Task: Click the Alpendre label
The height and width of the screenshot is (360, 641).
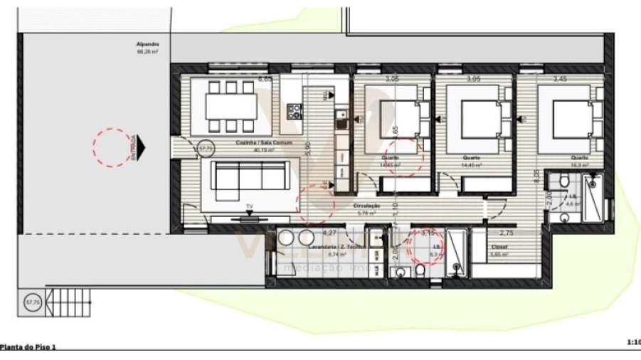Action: click(147, 45)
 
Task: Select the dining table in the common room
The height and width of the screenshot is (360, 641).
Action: click(231, 106)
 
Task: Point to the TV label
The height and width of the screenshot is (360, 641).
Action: click(249, 207)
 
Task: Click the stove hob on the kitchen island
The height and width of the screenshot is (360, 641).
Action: click(294, 110)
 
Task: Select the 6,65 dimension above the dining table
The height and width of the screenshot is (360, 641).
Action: click(265, 80)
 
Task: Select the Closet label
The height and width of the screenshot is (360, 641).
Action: click(499, 247)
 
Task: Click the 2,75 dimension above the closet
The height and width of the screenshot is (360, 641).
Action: click(506, 233)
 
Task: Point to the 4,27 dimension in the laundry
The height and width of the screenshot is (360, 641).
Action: click(329, 233)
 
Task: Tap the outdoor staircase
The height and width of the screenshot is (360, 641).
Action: click(71, 302)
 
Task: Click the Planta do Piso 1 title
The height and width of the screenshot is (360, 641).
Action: click(28, 347)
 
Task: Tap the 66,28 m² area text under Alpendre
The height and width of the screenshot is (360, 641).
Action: click(147, 52)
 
